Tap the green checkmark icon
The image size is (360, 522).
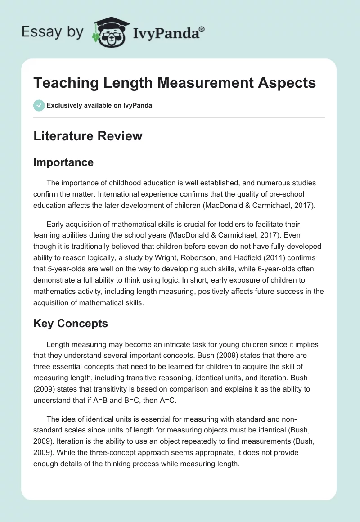(39, 105)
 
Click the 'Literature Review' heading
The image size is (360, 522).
(88, 136)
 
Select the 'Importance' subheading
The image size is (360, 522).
(63, 162)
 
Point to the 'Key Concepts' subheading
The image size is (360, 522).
(71, 324)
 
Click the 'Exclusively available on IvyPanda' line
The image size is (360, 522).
(99, 105)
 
